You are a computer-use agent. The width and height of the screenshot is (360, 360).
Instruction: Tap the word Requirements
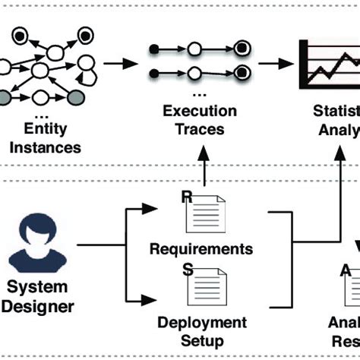click(x=201, y=248)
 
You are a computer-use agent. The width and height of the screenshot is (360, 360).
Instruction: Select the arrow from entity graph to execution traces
click(x=115, y=63)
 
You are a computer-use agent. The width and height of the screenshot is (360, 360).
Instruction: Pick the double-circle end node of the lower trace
click(x=242, y=72)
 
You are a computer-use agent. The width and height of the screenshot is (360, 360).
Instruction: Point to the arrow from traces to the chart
click(x=276, y=63)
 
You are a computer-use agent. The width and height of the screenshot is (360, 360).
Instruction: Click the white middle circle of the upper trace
click(x=194, y=50)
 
